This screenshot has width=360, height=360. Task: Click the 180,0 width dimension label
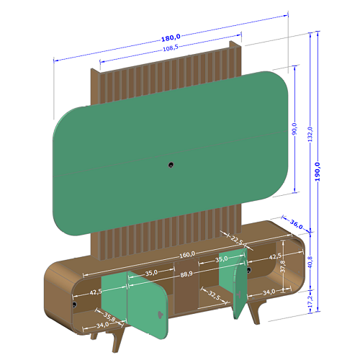(171, 37)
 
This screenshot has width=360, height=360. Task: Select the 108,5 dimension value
(171, 48)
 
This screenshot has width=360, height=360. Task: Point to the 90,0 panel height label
(294, 129)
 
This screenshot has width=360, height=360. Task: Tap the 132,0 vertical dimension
(310, 134)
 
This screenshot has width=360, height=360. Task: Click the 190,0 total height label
(318, 171)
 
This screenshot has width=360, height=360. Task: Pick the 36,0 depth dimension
(296, 224)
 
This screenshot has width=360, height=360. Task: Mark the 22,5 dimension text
(237, 240)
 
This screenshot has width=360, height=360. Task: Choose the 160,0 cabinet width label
(187, 254)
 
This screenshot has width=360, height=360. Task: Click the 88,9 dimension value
(186, 274)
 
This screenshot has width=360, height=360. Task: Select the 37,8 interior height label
(283, 266)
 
